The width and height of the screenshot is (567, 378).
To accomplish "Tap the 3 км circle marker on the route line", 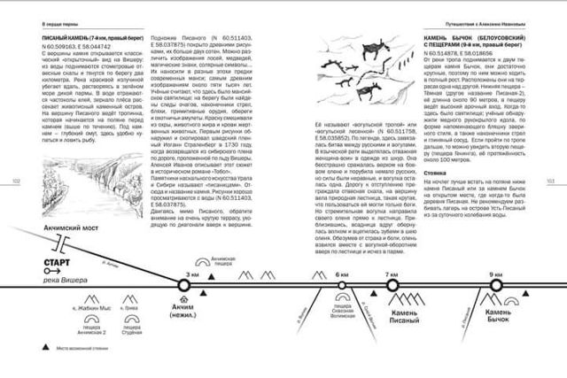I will point(183,284).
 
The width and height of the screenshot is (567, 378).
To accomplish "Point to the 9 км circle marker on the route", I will point(495,284).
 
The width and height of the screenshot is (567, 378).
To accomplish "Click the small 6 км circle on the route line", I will point(342,284).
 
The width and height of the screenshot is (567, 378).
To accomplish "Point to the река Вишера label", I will point(60,274).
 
